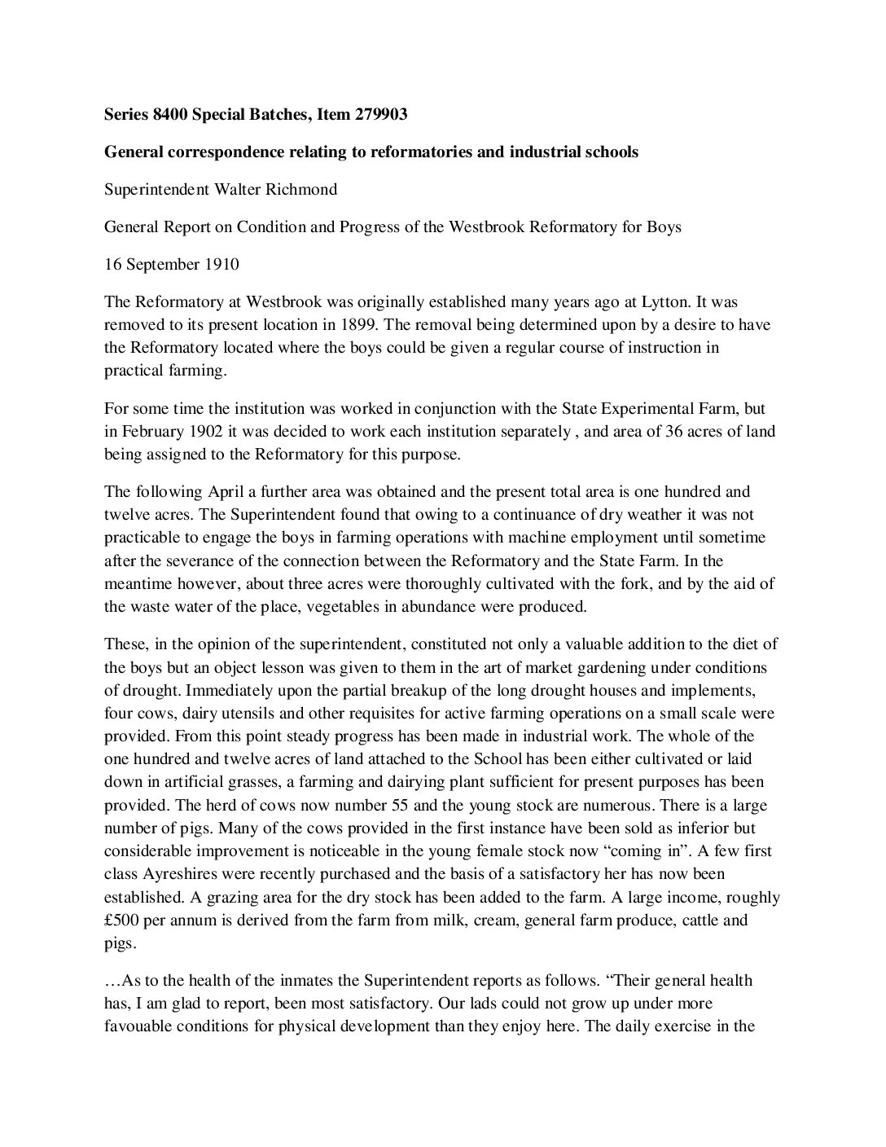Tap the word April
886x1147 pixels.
(226, 491)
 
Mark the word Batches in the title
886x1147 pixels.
(270, 115)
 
